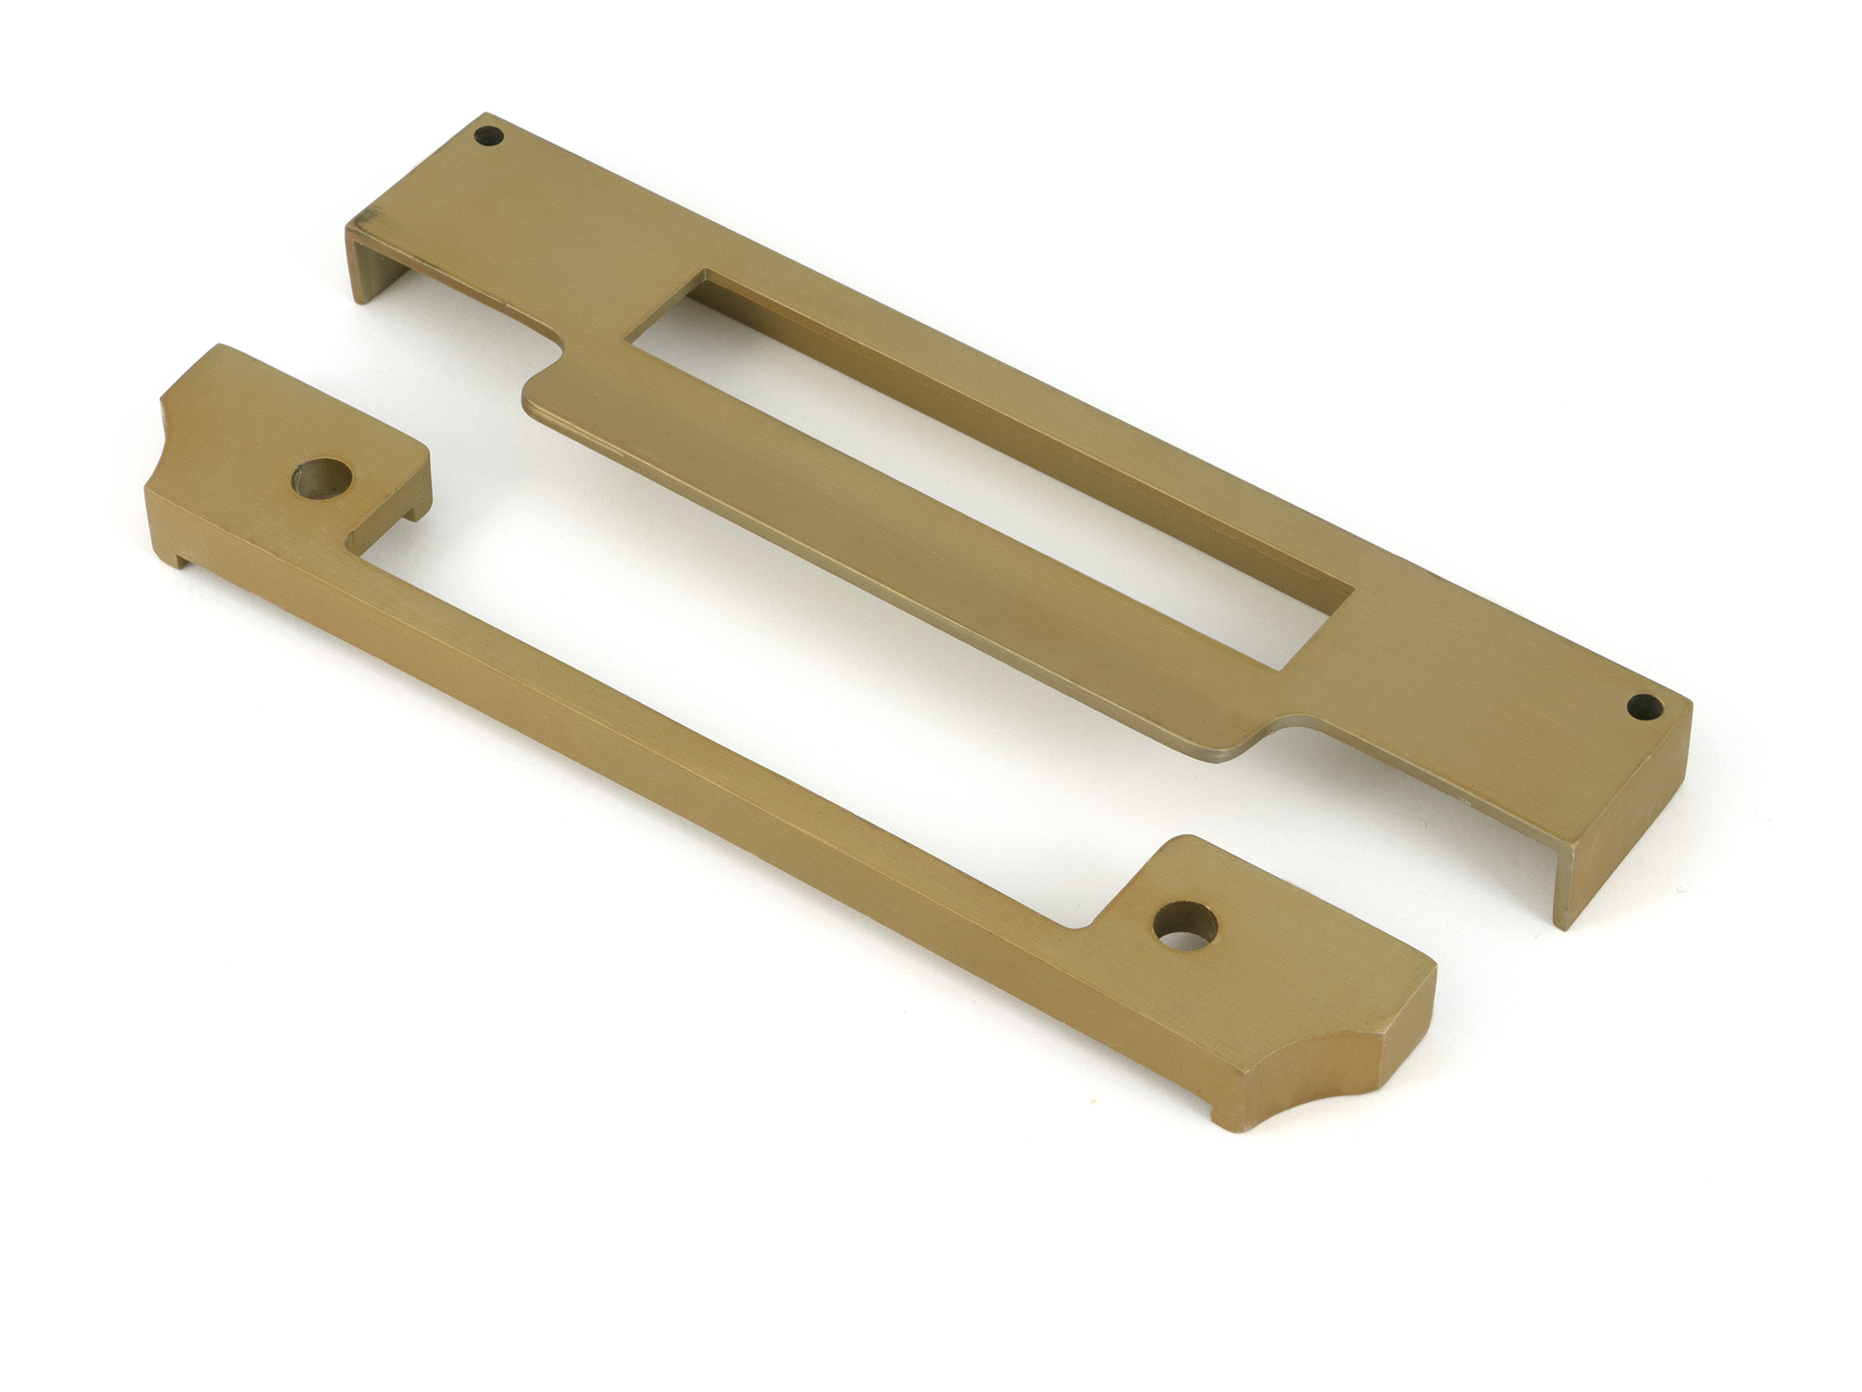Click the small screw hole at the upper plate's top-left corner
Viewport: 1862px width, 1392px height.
coord(489,137)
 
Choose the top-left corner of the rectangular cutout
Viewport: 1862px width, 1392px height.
coord(706,275)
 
